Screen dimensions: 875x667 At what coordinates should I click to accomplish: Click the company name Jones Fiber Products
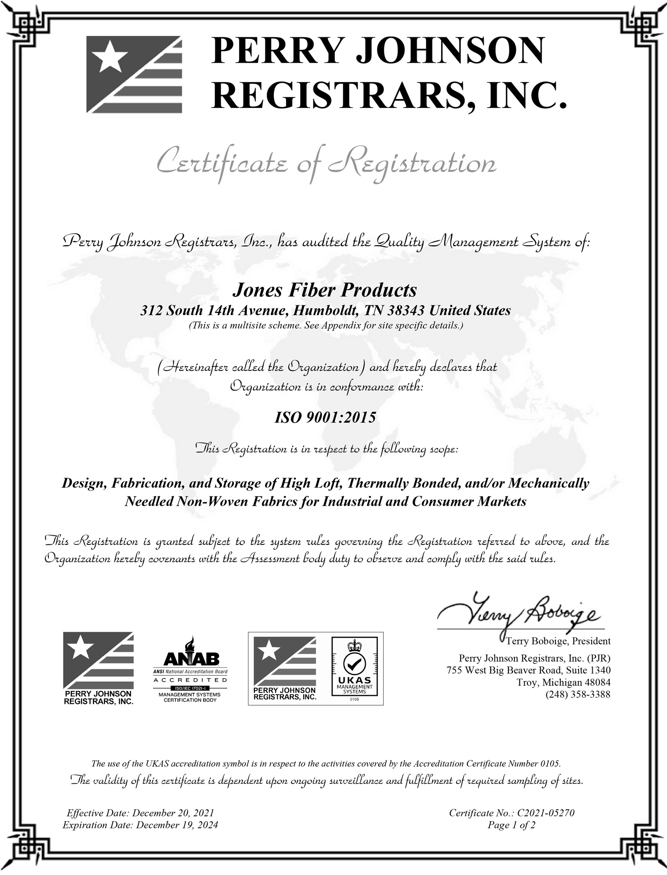click(325, 290)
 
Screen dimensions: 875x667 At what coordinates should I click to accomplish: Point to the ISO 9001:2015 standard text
click(325, 417)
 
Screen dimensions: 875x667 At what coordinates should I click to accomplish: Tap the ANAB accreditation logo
click(190, 669)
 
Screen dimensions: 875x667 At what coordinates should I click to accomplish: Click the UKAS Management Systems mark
click(354, 669)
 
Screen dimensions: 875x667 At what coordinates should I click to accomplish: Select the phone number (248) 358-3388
click(578, 694)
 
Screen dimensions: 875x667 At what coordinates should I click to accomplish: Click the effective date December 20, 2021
click(173, 813)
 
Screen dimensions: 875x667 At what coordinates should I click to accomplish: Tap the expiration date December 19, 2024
click(177, 825)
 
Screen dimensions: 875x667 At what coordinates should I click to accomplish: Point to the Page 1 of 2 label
click(511, 825)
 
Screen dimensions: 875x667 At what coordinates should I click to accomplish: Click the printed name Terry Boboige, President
click(558, 641)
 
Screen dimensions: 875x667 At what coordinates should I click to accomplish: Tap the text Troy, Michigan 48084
click(563, 682)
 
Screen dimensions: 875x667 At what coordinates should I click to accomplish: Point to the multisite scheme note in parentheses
click(326, 325)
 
